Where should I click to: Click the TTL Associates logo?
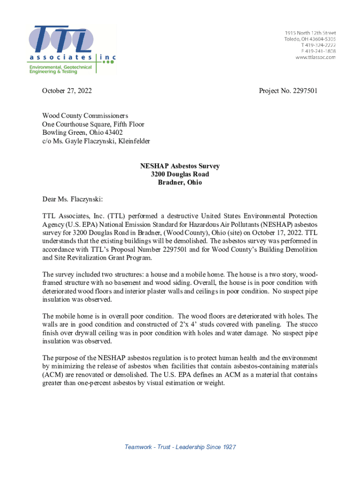click(70, 45)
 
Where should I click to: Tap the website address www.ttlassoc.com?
click(315, 57)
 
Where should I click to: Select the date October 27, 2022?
click(67, 91)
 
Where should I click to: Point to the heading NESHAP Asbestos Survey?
click(180, 166)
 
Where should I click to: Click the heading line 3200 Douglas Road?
click(180, 174)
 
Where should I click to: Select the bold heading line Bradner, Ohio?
click(180, 182)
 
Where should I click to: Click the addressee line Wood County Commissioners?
click(85, 116)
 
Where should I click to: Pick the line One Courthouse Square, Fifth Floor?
click(93, 124)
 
